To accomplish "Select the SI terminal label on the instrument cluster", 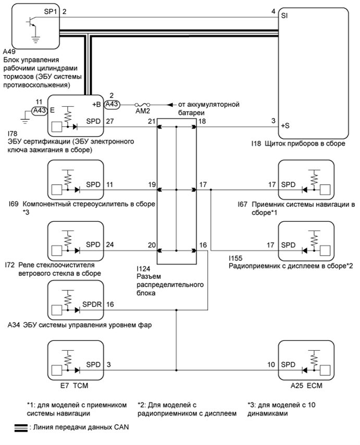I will pyautogui.click(x=285, y=16).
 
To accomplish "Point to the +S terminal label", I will pyautogui.click(x=286, y=126).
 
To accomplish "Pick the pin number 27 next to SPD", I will pyautogui.click(x=109, y=121).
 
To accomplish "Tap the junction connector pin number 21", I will pyautogui.click(x=151, y=121).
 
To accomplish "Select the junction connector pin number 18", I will pyautogui.click(x=201, y=121).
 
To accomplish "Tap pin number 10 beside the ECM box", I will pyautogui.click(x=271, y=364).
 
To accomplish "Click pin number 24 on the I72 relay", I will pyautogui.click(x=109, y=244).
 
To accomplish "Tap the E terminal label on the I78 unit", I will pyautogui.click(x=53, y=110).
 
